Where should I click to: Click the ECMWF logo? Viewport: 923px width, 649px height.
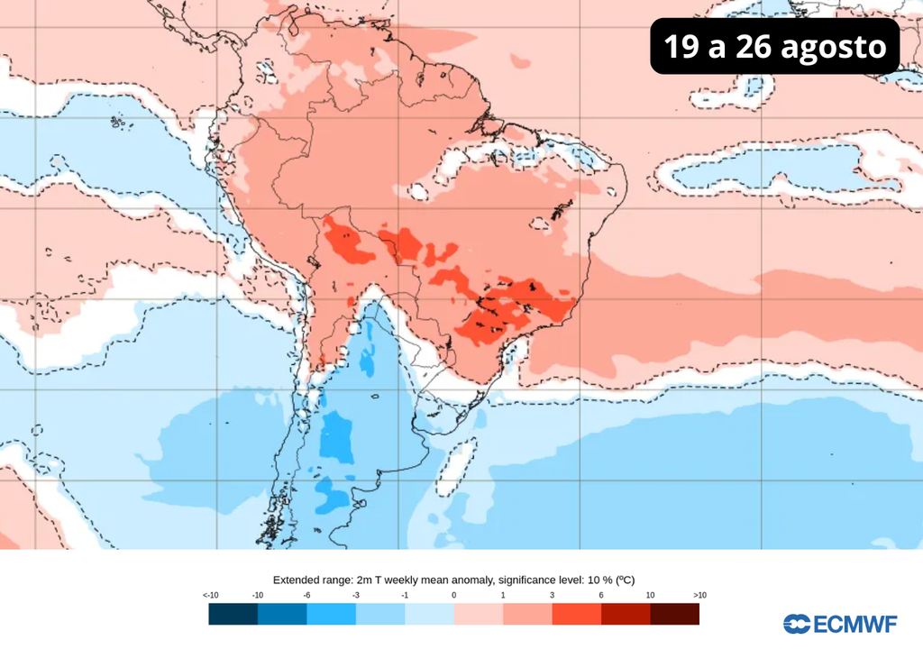pyautogui.click(x=840, y=624)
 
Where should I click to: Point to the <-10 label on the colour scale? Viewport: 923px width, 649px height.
pyautogui.click(x=211, y=595)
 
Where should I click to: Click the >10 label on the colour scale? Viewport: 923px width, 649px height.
pyautogui.click(x=699, y=595)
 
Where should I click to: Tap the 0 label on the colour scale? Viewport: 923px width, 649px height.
pyautogui.click(x=454, y=595)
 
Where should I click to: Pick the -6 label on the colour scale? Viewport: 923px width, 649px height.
pyautogui.click(x=306, y=595)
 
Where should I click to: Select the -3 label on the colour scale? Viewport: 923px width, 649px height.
pyautogui.click(x=356, y=595)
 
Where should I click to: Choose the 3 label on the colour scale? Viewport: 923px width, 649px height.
pyautogui.click(x=552, y=595)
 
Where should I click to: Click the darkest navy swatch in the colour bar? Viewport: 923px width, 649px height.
pyautogui.click(x=233, y=614)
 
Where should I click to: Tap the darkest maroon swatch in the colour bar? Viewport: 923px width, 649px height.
pyautogui.click(x=674, y=614)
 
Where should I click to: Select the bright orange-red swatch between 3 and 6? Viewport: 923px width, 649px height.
pyautogui.click(x=576, y=614)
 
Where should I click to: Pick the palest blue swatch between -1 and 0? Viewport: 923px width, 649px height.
pyautogui.click(x=429, y=614)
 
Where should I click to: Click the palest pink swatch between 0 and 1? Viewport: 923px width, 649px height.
pyautogui.click(x=478, y=614)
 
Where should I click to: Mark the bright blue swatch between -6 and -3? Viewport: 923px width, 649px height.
pyautogui.click(x=331, y=614)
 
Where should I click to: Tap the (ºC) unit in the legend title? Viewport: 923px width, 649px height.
pyautogui.click(x=635, y=580)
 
